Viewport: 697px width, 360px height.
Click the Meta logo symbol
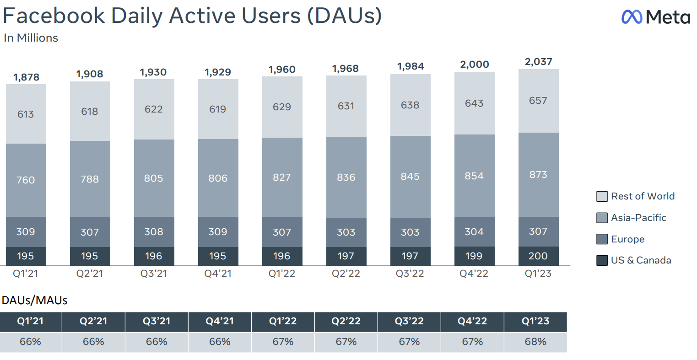[x=632, y=17]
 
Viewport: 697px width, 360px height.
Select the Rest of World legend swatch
[x=602, y=197]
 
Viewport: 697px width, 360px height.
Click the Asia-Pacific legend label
[x=638, y=218]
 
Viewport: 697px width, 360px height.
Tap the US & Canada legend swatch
[x=602, y=260]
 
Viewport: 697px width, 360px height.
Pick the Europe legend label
[x=627, y=239]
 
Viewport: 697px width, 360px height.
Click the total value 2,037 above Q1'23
[x=538, y=62]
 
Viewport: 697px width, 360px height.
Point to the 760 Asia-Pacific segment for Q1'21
[x=26, y=180]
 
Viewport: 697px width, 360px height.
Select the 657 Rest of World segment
[x=538, y=101]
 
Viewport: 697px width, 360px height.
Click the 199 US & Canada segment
[x=474, y=256]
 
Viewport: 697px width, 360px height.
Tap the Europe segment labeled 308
[x=154, y=232]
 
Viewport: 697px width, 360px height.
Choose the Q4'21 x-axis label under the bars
[x=218, y=274]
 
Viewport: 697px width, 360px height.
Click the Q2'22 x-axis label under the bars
[x=346, y=274]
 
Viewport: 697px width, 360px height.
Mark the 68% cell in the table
[x=535, y=342]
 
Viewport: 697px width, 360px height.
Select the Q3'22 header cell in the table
[x=409, y=322]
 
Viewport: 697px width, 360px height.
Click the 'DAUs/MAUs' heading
[x=34, y=301]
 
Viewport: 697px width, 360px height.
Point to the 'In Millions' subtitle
[x=31, y=38]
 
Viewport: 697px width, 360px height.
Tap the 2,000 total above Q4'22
[x=475, y=64]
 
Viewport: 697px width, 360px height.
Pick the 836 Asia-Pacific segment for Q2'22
[x=346, y=177]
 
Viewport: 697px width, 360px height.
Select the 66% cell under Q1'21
[x=31, y=342]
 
